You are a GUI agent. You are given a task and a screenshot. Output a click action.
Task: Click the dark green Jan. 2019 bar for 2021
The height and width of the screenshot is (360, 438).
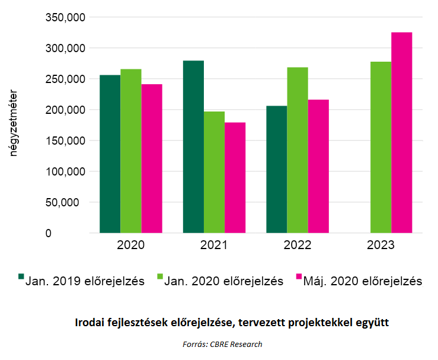pyautogui.click(x=193, y=147)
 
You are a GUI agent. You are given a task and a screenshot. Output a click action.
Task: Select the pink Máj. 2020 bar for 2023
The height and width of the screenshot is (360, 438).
pyautogui.click(x=402, y=133)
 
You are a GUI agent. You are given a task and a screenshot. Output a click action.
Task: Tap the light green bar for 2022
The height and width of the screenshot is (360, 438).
pyautogui.click(x=298, y=150)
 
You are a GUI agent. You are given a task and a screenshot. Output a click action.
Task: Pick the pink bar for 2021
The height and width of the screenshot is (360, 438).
pyautogui.click(x=235, y=178)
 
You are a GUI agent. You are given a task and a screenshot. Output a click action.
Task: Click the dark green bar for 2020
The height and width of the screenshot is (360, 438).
pyautogui.click(x=110, y=154)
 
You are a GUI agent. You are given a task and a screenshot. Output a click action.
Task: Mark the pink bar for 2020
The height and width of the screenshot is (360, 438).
pyautogui.click(x=152, y=158)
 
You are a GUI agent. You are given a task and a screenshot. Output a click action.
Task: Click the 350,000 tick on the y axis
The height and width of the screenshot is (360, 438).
pyautogui.click(x=65, y=17)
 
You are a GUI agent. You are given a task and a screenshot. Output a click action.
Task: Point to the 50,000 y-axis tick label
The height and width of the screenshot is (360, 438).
pyautogui.click(x=67, y=202)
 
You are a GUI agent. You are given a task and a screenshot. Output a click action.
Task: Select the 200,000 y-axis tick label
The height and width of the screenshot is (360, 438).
pyautogui.click(x=65, y=110)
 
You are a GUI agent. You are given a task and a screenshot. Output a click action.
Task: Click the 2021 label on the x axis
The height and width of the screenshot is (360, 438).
pyautogui.click(x=214, y=245)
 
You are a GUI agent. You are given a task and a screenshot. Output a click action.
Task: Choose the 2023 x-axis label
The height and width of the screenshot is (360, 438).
pyautogui.click(x=381, y=245)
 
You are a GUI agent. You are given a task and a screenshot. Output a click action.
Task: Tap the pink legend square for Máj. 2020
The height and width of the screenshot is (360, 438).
pyautogui.click(x=299, y=277)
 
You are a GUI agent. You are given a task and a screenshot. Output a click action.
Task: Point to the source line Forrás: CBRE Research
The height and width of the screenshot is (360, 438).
pyautogui.click(x=222, y=344)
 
